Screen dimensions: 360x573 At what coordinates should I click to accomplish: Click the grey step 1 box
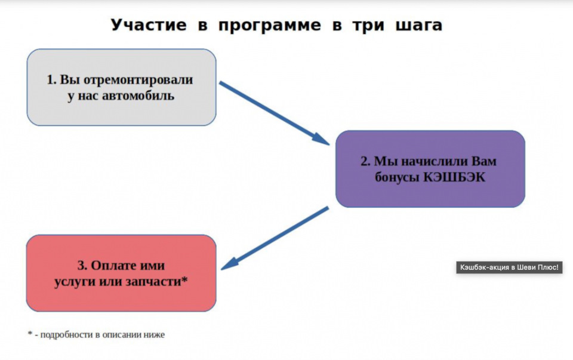121,87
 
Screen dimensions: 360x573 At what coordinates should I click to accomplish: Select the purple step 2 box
430,169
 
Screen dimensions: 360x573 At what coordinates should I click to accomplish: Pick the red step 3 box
121,273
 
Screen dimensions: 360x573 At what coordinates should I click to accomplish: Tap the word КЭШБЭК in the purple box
461,177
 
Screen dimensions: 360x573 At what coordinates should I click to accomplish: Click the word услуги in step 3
72,281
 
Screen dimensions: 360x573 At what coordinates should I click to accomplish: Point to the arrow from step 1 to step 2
274,113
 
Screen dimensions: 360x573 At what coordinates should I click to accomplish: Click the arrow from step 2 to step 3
275,237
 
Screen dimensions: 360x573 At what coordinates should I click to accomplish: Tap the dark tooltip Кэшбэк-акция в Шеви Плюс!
509,267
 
